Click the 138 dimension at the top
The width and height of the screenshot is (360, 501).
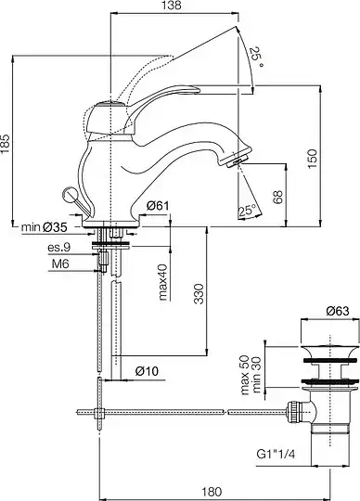click(x=174, y=6)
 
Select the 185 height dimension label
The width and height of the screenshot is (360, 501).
click(x=6, y=143)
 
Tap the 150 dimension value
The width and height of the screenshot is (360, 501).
click(x=313, y=159)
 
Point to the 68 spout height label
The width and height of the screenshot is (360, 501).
click(x=278, y=198)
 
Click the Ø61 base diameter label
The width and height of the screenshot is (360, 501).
click(x=158, y=206)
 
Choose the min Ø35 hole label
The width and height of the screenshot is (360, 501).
click(x=45, y=227)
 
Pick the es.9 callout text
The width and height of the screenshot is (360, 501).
click(x=59, y=248)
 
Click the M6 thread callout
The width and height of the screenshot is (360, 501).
click(x=60, y=263)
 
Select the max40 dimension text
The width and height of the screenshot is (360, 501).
click(x=163, y=282)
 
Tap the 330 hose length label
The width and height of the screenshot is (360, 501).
click(x=199, y=293)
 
